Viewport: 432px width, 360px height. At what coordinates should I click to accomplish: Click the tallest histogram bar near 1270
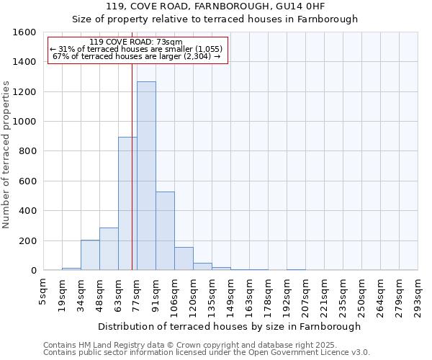pos(146,176)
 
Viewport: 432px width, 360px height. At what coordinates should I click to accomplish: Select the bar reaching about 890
pos(127,204)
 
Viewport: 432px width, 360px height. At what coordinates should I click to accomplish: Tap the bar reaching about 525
pos(165,231)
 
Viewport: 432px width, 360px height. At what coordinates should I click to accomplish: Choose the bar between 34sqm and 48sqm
pos(90,255)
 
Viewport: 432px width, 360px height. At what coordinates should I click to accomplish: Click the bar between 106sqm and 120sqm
pos(184,258)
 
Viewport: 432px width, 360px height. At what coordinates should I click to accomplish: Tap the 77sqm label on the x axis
pos(137,291)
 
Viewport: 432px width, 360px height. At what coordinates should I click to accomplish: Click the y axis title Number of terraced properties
pos(7,155)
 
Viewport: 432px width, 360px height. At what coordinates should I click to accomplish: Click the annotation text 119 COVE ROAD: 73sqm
pos(136,42)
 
